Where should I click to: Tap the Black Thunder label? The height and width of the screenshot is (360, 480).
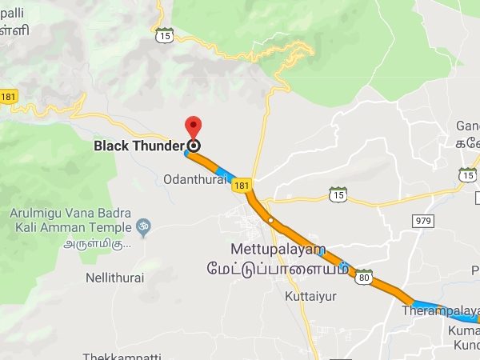point(139,146)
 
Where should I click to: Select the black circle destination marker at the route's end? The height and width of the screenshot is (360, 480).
point(194,146)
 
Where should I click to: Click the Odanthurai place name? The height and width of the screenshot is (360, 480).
point(194,179)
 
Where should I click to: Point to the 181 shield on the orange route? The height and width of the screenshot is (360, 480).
point(242,185)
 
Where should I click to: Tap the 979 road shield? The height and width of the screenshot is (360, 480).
point(422,220)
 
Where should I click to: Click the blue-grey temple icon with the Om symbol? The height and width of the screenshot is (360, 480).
point(144,226)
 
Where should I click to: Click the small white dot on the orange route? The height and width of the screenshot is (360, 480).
point(271,220)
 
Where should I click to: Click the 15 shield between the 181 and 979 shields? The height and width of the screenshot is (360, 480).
point(338,194)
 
